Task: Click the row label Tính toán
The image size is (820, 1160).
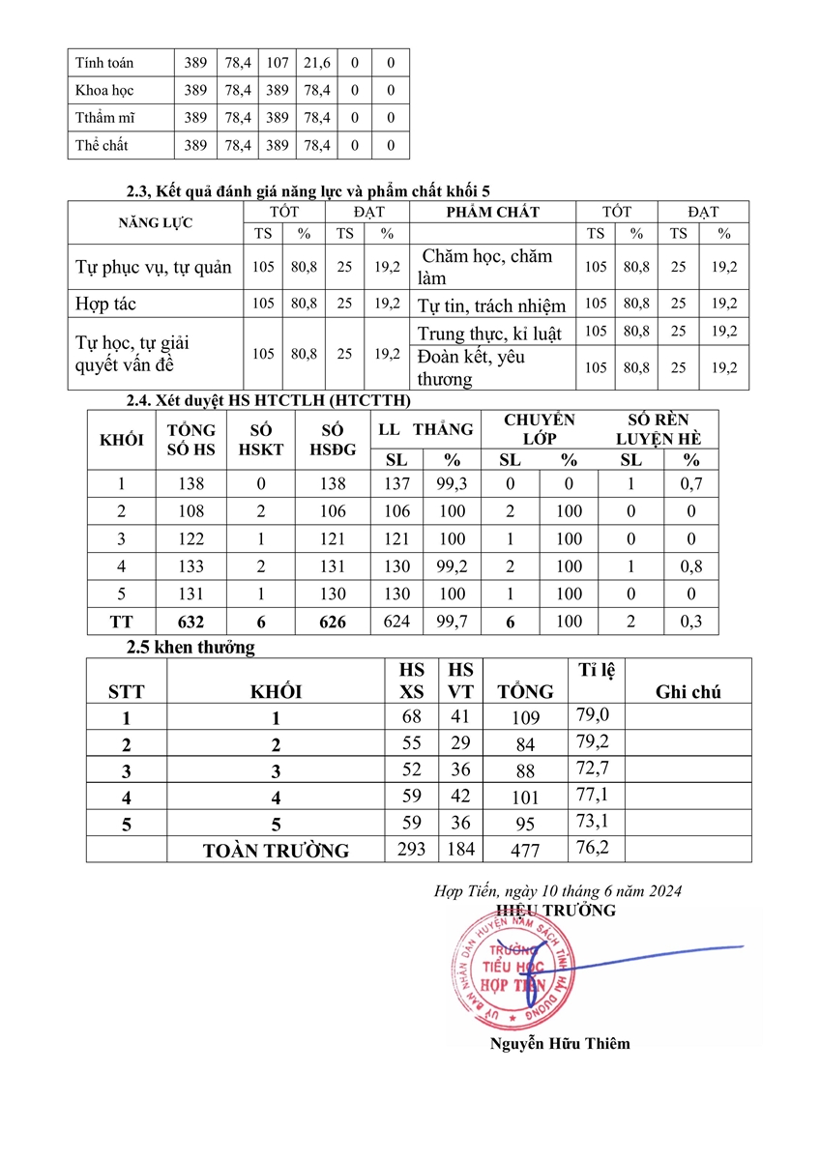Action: (104, 63)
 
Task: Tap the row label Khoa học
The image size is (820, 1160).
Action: (104, 91)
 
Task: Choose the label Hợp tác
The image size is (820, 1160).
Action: (105, 304)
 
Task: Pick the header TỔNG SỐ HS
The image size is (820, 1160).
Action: (190, 440)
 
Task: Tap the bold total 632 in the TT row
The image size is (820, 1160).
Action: (190, 623)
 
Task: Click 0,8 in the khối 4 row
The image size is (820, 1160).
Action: (690, 566)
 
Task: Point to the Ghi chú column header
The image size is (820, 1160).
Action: (688, 691)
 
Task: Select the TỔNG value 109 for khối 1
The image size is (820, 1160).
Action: (525, 718)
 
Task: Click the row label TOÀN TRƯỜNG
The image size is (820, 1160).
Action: (276, 851)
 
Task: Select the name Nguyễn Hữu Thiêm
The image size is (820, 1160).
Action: (560, 1043)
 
